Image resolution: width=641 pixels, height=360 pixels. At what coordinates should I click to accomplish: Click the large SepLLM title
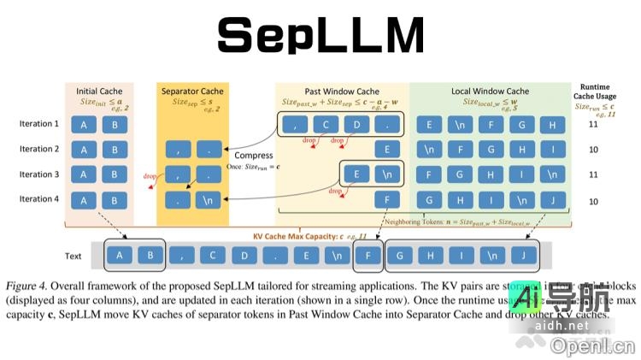click(x=320, y=37)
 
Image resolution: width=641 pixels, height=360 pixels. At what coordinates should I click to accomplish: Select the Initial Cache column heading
click(x=99, y=91)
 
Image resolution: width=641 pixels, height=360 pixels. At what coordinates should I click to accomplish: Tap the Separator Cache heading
click(x=194, y=91)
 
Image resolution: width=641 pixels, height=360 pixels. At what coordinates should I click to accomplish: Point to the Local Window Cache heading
click(x=490, y=91)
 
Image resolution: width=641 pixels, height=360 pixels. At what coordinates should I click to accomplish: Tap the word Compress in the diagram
click(x=253, y=156)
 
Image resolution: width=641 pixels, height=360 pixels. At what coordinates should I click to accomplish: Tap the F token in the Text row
click(x=368, y=255)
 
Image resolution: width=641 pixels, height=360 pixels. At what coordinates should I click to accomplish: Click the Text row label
click(x=74, y=256)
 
